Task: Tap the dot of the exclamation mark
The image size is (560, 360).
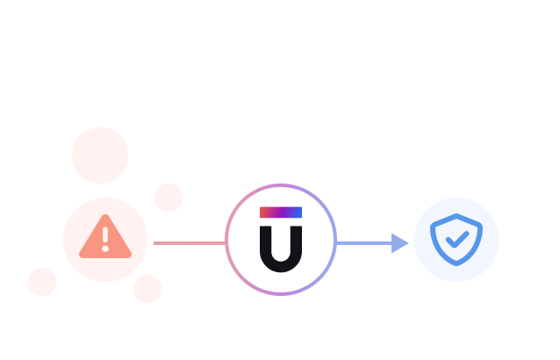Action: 105,248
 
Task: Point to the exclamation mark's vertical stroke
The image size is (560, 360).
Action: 105,235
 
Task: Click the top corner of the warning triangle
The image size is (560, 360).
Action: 105,218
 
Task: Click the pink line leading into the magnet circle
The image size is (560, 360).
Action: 189,243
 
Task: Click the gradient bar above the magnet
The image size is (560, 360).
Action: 281,212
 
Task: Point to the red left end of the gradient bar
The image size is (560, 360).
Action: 263,212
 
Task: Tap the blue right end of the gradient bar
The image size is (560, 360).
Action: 298,212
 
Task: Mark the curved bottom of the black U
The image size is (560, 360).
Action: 281,265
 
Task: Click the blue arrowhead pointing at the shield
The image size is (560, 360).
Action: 399,243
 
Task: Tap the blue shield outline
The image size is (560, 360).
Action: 456,220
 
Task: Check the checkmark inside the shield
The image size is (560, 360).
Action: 456,239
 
